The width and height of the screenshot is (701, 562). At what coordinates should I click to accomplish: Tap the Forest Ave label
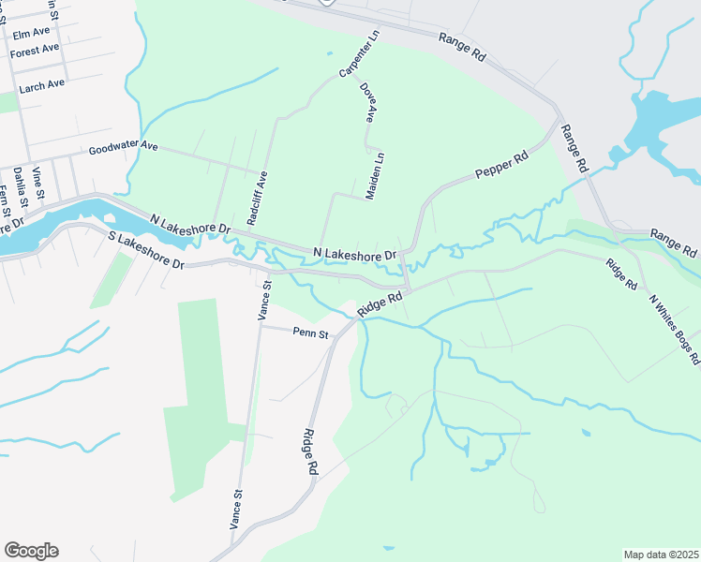click(35, 51)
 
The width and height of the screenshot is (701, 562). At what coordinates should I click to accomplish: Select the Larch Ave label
click(42, 84)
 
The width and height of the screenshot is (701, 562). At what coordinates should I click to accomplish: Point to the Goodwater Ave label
click(124, 149)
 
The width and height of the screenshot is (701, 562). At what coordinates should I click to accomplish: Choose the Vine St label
click(38, 182)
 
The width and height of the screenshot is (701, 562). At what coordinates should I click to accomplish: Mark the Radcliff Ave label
click(258, 197)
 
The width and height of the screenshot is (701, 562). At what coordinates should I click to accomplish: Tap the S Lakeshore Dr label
click(145, 250)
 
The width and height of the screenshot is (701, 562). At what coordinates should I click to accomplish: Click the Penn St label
click(311, 333)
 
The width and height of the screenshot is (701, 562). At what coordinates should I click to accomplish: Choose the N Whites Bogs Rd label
click(675, 329)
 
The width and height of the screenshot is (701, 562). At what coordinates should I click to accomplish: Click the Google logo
click(31, 551)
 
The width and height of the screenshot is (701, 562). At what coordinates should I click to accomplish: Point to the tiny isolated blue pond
click(586, 433)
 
